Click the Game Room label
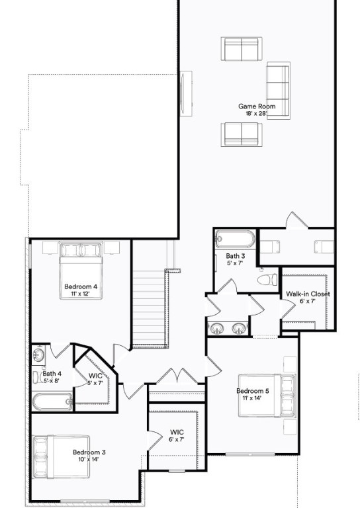[257, 106]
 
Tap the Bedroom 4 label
[81, 286]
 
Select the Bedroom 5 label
[253, 391]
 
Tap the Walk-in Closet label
[308, 294]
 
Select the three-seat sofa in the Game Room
[278, 91]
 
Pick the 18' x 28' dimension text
[257, 114]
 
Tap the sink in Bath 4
[38, 355]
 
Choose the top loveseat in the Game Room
[241, 49]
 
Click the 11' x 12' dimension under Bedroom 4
[81, 294]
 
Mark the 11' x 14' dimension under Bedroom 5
[253, 398]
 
